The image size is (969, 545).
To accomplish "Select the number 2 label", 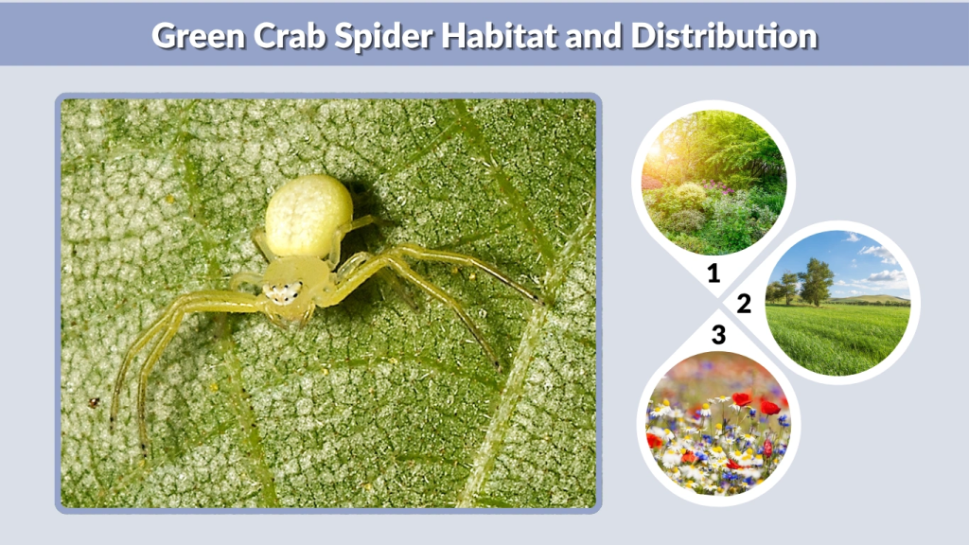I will pyautogui.click(x=744, y=304).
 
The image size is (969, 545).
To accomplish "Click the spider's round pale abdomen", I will pyautogui.click(x=308, y=216).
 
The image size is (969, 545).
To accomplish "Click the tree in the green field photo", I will pyautogui.click(x=815, y=280).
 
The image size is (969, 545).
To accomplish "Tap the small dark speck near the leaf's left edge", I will pyautogui.click(x=94, y=403).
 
